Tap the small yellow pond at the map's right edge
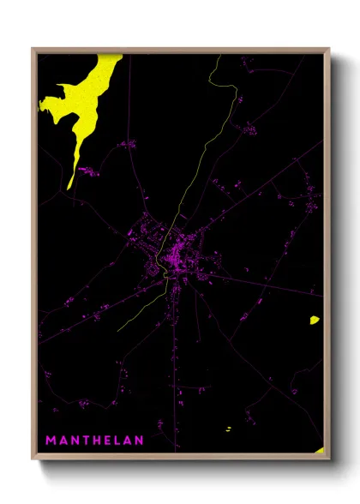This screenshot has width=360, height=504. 315,321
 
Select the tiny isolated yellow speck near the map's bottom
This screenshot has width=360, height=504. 228,428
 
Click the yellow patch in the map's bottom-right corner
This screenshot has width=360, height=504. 319,449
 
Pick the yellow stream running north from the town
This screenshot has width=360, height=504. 206,154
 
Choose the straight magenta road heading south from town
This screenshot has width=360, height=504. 178,360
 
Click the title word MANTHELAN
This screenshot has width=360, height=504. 94,441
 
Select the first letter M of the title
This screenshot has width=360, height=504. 51,441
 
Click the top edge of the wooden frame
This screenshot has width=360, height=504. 180,50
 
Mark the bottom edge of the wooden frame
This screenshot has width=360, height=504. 180,458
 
